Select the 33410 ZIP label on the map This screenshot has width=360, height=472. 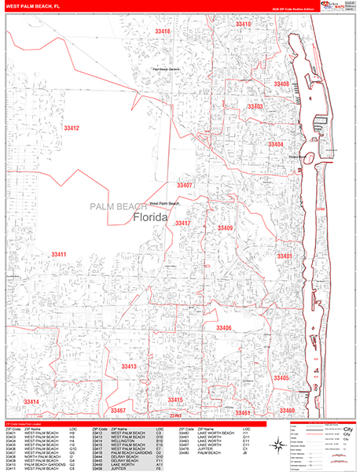click(x=244, y=24)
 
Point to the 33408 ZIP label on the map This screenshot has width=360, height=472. click(x=281, y=84)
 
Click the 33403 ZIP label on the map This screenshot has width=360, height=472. click(x=255, y=106)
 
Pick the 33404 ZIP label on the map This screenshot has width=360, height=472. click(x=275, y=145)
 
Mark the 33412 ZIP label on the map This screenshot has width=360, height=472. click(x=72, y=127)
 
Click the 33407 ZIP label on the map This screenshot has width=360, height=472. click(x=185, y=185)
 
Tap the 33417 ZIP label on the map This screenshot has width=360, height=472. click(x=183, y=223)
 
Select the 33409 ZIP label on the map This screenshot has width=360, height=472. click(x=226, y=228)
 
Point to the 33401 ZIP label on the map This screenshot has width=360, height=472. click(x=284, y=256)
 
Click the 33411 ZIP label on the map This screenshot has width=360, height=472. click(x=59, y=255)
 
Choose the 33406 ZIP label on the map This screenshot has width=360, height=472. click(x=224, y=327)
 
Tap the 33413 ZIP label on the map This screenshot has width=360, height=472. click(x=129, y=367)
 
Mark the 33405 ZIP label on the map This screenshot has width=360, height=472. click(x=281, y=378)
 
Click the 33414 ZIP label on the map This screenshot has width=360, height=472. click(x=31, y=401)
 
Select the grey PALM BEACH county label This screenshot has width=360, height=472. click(x=116, y=206)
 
